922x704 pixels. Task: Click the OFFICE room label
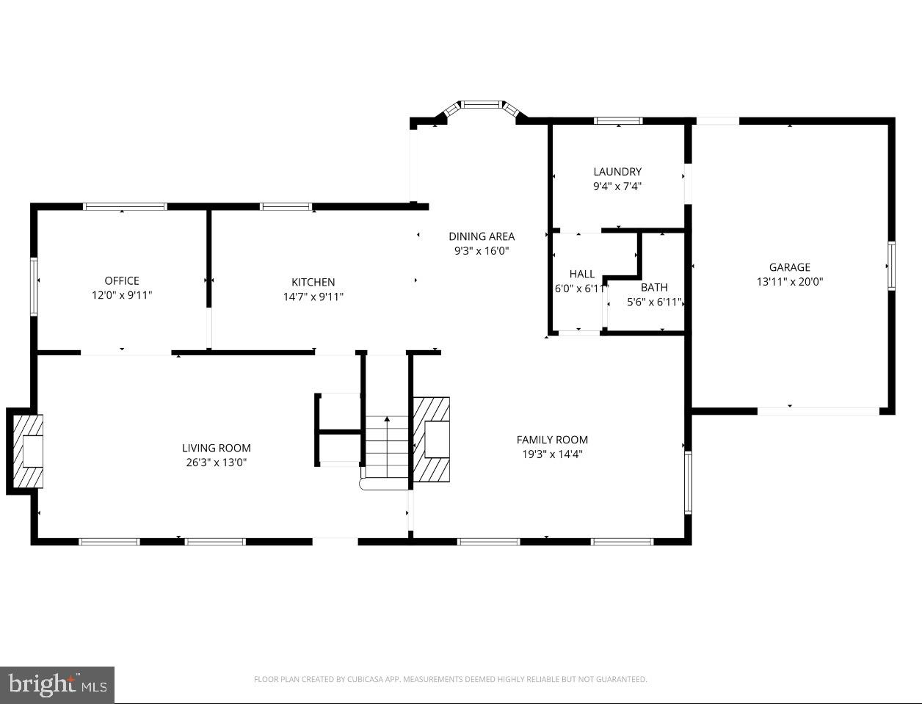[x=122, y=280]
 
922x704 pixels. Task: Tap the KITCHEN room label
[x=313, y=282]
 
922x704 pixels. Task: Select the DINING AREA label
[x=482, y=236]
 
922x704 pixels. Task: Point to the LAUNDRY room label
[x=617, y=172]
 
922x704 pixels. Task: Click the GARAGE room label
[x=790, y=267]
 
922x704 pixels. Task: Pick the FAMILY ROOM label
[x=552, y=440]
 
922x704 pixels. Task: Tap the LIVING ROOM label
[x=217, y=448]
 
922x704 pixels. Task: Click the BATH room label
[x=654, y=288]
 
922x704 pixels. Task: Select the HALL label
[x=582, y=274]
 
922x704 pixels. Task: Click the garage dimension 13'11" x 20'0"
[x=790, y=281]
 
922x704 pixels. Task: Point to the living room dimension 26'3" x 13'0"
[x=217, y=462]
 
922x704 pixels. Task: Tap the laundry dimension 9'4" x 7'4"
[x=617, y=186]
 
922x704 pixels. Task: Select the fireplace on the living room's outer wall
[x=26, y=451]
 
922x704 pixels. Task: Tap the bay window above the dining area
[x=482, y=106]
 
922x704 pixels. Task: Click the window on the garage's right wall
[x=891, y=266]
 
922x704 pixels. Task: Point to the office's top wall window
[x=125, y=207]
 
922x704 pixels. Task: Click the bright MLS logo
[x=57, y=685]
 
